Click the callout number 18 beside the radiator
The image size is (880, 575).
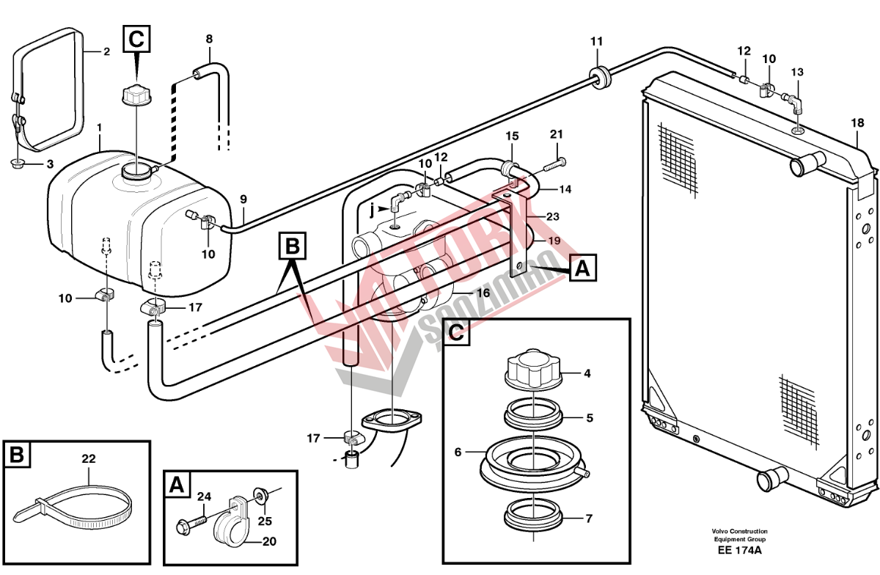(857, 123)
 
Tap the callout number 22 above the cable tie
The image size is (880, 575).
(89, 459)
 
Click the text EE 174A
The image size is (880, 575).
(739, 550)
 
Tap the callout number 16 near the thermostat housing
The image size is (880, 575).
(483, 293)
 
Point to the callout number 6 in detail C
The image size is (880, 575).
(458, 453)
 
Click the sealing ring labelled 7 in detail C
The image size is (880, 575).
(533, 514)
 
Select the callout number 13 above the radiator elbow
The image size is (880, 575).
(797, 72)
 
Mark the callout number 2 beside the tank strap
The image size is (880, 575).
(106, 51)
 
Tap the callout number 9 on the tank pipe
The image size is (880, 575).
(243, 199)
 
